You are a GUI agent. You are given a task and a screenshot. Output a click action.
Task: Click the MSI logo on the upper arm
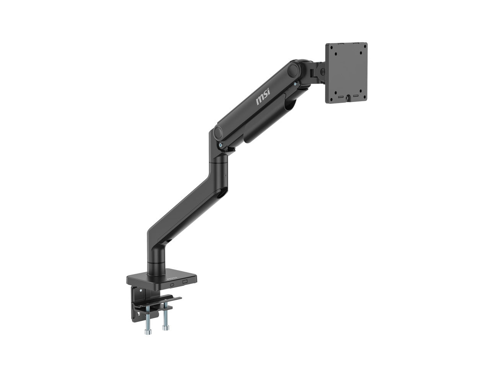click(263, 97)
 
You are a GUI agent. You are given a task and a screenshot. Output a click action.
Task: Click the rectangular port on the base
click(185, 282)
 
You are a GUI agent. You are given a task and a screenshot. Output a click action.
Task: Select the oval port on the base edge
click(172, 285)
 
